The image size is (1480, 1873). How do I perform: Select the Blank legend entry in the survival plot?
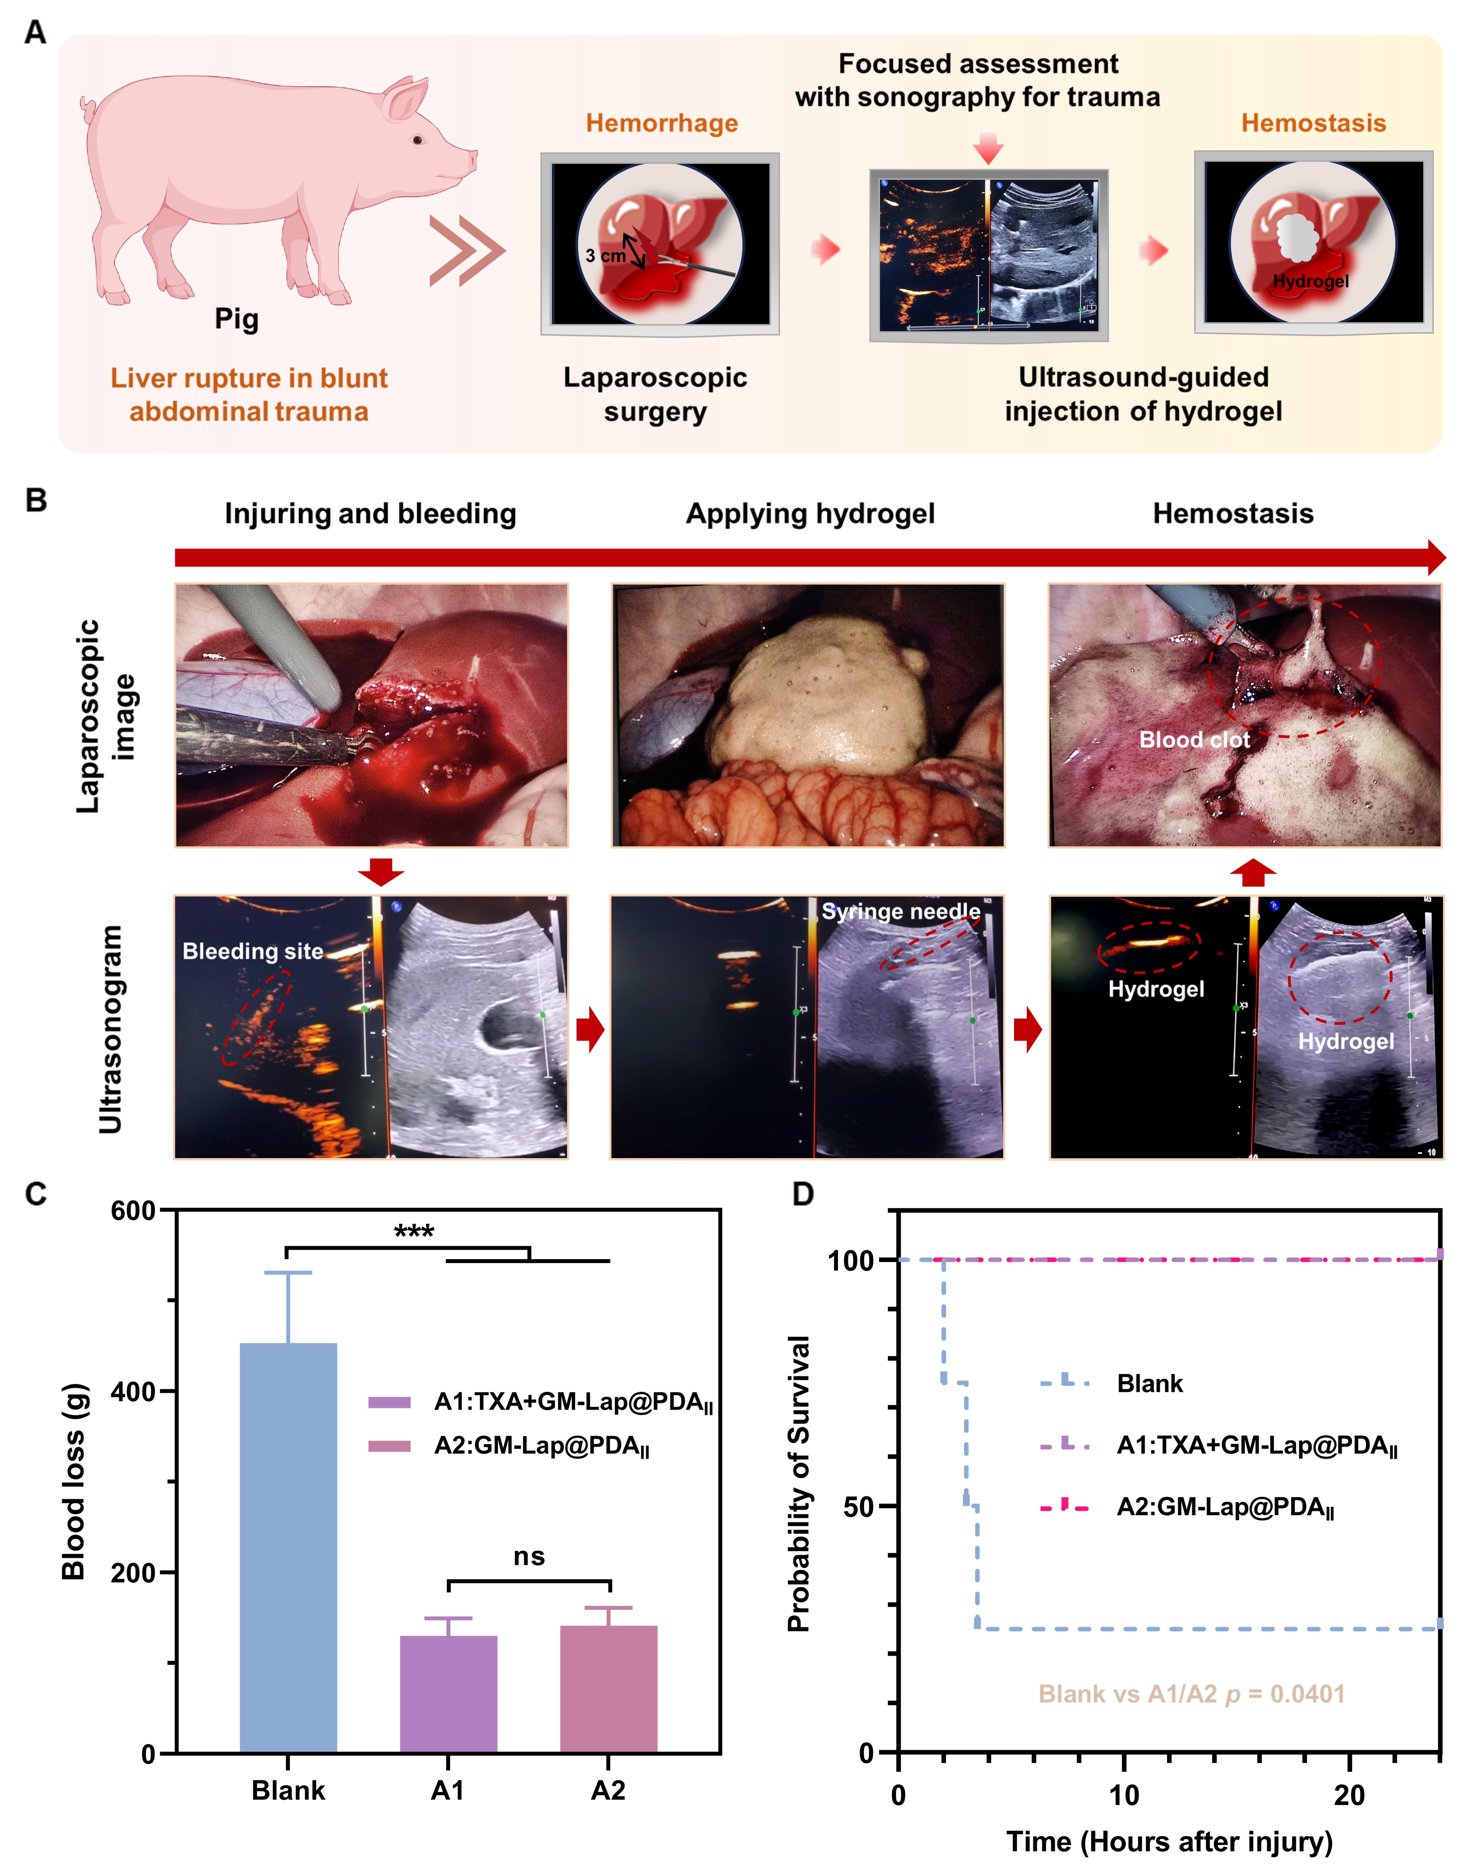[1149, 1383]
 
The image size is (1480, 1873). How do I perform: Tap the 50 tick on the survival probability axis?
[860, 1506]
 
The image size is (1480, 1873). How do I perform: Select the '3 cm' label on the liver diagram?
[605, 256]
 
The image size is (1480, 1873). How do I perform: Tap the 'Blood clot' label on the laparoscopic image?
[1194, 739]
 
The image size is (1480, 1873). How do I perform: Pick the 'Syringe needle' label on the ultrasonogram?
[901, 912]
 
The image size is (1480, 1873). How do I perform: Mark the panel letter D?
[803, 1194]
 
